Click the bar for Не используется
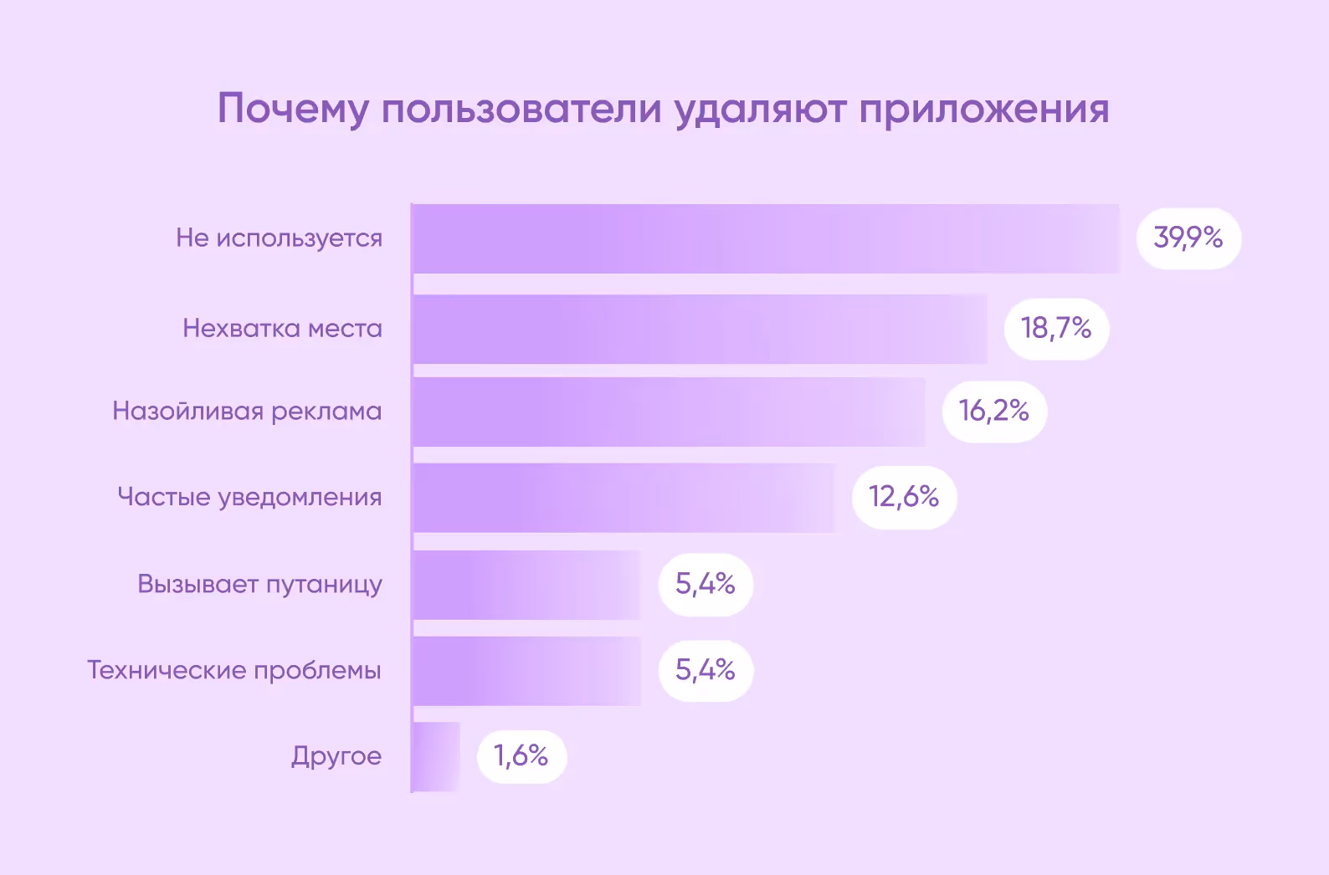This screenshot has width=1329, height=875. (x=766, y=238)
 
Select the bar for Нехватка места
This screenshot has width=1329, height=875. (x=700, y=329)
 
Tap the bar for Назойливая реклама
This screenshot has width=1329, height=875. (x=669, y=412)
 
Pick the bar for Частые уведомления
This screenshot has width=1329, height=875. (x=623, y=498)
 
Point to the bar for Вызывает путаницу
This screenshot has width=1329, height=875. (x=526, y=585)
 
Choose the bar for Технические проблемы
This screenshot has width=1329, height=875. (x=526, y=671)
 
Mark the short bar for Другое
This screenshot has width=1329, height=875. (x=436, y=756)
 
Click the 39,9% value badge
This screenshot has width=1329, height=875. (x=1188, y=238)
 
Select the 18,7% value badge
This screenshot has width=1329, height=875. (x=1056, y=329)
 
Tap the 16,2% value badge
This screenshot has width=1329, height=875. (x=994, y=412)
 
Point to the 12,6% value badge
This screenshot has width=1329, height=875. (x=904, y=498)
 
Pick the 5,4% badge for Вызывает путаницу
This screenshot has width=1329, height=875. (x=706, y=585)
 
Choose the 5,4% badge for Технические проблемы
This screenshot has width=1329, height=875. (x=706, y=671)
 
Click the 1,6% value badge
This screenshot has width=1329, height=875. (x=521, y=756)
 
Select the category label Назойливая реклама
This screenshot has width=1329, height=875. (x=247, y=412)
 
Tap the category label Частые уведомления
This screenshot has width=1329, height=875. (x=249, y=498)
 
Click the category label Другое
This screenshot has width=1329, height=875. (x=336, y=756)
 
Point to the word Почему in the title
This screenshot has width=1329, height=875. (x=293, y=110)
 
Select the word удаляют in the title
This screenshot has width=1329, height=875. (x=760, y=110)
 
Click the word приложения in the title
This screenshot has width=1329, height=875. (x=984, y=110)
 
